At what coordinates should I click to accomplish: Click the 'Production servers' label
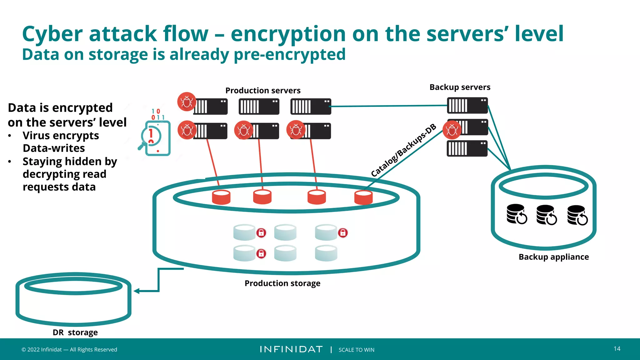pos(263,91)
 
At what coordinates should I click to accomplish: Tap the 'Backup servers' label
pos(460,87)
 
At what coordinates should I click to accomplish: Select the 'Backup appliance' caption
pos(553,257)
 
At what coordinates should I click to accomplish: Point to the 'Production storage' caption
pos(282,283)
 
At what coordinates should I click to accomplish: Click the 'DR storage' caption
pos(75,332)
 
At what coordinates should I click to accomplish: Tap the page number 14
pos(617,349)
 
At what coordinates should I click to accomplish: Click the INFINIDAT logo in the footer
pos(291,349)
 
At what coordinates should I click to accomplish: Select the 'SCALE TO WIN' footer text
pos(356,350)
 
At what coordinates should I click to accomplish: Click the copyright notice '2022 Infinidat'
pos(69,350)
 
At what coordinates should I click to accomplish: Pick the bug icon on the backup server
pos(452,130)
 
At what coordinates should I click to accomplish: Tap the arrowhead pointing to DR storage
pos(137,291)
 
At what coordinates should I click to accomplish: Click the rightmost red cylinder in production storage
pos(363,197)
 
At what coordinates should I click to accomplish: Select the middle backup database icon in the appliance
pos(546,215)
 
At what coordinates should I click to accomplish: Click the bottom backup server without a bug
pos(467,148)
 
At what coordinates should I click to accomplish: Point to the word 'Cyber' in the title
pos(52,34)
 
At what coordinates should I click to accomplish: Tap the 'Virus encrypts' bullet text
pos(61,136)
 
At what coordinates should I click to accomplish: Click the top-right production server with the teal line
pos(311,107)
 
